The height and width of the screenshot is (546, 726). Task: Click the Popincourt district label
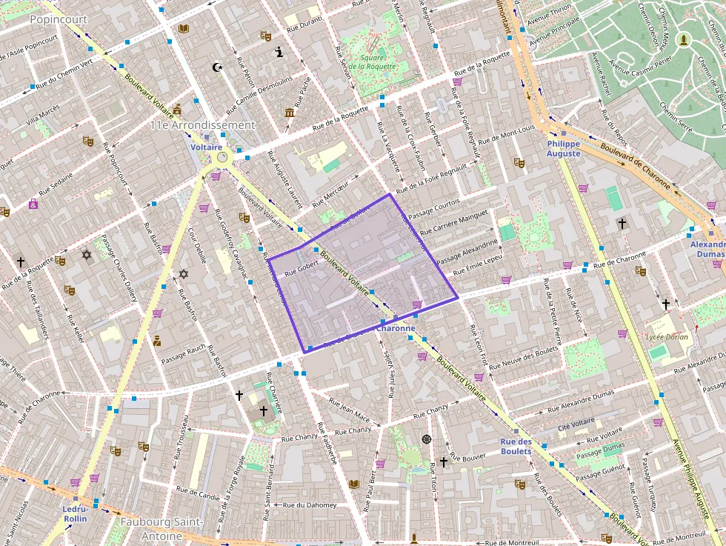pyautogui.click(x=59, y=19)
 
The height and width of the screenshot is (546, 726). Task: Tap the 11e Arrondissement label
pyautogui.click(x=202, y=125)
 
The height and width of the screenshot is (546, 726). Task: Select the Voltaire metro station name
pyautogui.click(x=207, y=147)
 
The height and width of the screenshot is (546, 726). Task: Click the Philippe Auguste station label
pyautogui.click(x=564, y=148)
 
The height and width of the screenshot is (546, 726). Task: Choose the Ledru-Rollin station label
pyautogui.click(x=75, y=513)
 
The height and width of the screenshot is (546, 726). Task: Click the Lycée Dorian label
pyautogui.click(x=667, y=337)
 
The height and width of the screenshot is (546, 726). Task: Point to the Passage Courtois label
pyautogui.click(x=434, y=207)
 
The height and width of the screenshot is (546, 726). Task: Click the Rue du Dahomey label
pyautogui.click(x=310, y=505)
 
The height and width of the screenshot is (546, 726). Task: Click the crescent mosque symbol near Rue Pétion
pyautogui.click(x=217, y=67)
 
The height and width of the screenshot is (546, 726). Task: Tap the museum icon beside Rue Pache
pyautogui.click(x=289, y=112)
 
